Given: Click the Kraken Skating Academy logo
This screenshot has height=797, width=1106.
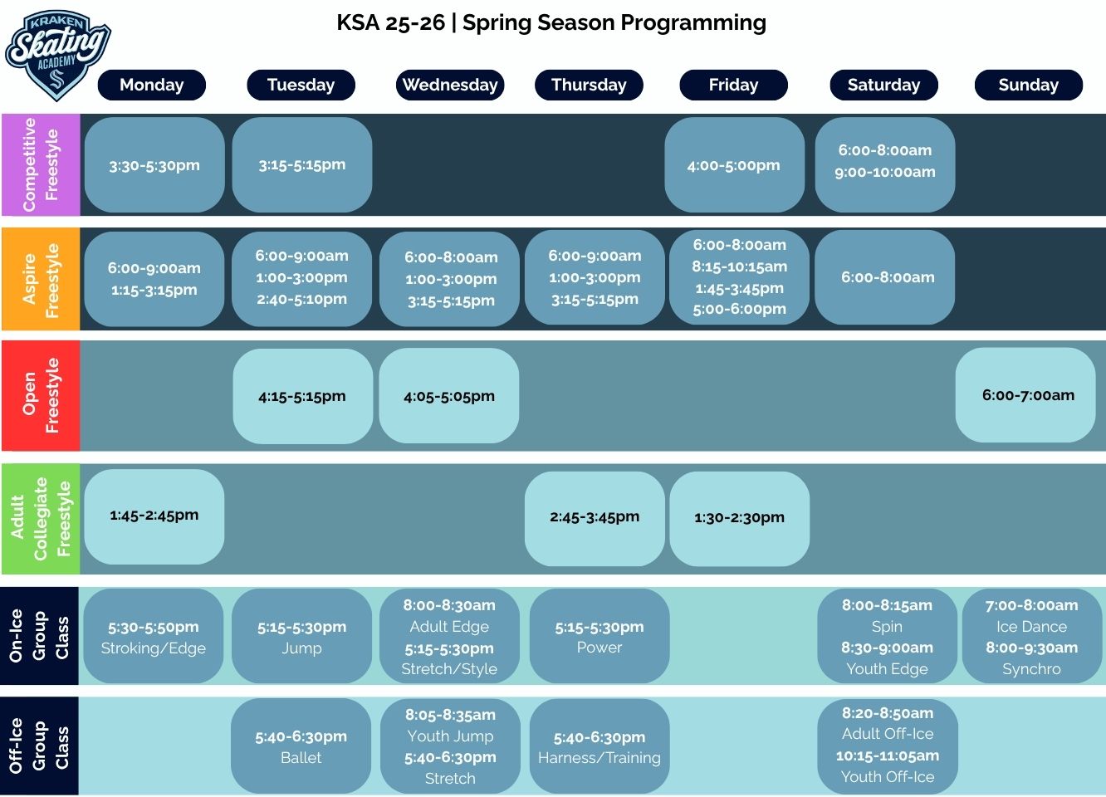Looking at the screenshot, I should pos(57,55).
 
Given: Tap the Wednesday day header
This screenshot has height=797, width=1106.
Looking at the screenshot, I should pos(450,85).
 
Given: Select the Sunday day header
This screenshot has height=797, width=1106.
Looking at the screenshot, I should pos(1028,85).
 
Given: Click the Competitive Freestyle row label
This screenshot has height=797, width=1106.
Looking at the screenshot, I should pos(40,164).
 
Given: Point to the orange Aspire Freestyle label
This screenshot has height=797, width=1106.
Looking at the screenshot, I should pos(40,280).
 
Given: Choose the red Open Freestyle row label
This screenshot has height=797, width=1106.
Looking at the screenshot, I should pos(40,395).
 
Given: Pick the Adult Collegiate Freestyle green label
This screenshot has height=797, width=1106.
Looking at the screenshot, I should pos(40,519).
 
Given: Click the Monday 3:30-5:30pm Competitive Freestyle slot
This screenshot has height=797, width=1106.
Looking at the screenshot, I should pos(154,165).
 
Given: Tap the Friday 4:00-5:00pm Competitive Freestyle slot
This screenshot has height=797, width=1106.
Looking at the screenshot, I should pos(734,165).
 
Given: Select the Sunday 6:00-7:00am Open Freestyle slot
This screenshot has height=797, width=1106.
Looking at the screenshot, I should pos(1028,395).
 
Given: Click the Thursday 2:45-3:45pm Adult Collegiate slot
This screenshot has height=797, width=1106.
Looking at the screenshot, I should pos(595,516).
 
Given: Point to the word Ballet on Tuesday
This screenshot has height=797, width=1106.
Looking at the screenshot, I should pos(301,758).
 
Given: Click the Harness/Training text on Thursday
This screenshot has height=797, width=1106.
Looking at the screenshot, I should pos(599,758).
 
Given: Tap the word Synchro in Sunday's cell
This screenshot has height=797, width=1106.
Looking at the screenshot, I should pos(1031,669).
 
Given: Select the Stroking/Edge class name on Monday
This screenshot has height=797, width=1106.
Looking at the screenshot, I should pos(154,648).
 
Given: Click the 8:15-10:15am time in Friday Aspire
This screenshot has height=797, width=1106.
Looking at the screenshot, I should pos(739,266).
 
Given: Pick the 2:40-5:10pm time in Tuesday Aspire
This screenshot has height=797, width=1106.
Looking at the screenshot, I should pos(301,299).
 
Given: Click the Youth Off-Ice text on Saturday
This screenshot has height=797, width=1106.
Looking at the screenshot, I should pos(887,777).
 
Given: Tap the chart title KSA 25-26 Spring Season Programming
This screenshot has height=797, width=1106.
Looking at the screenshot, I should pos(551,22).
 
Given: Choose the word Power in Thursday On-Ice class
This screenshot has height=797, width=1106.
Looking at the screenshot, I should pos(599,648).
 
